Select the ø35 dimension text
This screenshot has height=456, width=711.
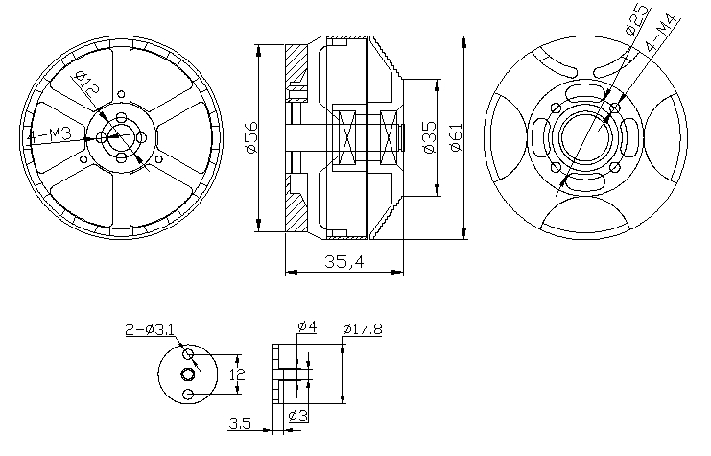pos(429,137)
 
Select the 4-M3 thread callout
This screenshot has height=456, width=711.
pos(46,136)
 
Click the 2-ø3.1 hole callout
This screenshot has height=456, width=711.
pos(150,330)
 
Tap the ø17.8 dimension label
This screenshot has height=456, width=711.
pos(362,329)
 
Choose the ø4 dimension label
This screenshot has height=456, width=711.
pos(307,328)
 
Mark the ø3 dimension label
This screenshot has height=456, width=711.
pos(298,416)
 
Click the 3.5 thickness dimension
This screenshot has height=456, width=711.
pos(241,422)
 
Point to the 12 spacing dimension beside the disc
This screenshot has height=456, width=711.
pos(239,373)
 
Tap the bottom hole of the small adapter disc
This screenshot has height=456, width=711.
pos(188,394)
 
